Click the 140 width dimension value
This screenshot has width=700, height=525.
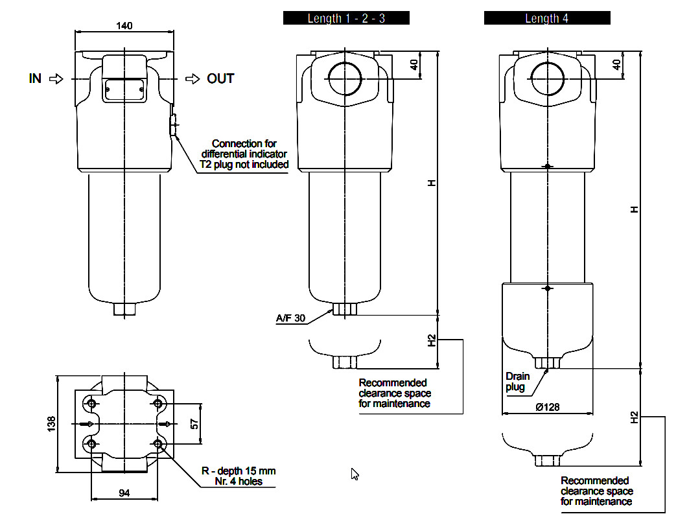coord(124,25)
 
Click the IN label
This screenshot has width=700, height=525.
coord(35,78)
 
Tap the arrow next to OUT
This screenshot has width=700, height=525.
coord(192,79)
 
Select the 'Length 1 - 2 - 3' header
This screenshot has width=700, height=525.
coord(346,18)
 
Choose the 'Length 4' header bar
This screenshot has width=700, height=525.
coord(547,18)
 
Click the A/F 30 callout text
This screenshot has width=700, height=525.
coord(290,318)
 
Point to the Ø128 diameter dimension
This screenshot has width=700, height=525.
coord(547,406)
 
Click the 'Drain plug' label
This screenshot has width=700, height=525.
coord(517,382)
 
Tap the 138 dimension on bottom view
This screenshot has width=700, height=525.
coord(51,424)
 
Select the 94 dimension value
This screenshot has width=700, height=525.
coord(124,493)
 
